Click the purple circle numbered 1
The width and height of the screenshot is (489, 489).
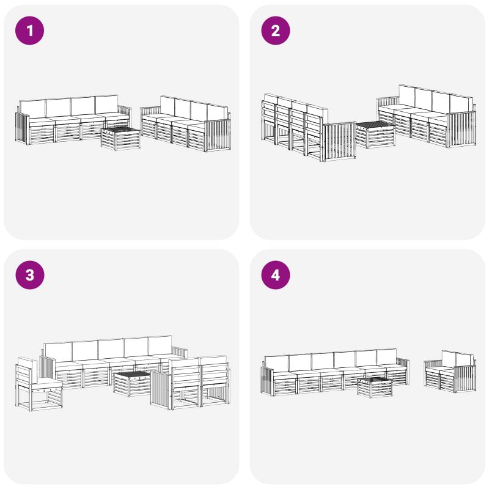click(29, 31)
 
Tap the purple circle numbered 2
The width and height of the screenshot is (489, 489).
click(276, 31)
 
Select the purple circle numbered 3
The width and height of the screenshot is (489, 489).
click(29, 275)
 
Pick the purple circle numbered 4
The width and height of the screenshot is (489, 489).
click(276, 275)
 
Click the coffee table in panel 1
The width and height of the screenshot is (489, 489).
click(120, 139)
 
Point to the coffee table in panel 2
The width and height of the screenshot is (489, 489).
click(375, 134)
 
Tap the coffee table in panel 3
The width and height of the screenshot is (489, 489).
click(132, 384)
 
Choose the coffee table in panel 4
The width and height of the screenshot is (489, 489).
click(375, 388)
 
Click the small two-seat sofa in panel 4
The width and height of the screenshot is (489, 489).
click(450, 372)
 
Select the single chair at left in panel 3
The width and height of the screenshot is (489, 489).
click(38, 384)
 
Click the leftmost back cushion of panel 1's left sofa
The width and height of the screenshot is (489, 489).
click(32, 109)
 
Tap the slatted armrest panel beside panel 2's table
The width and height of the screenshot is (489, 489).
click(339, 142)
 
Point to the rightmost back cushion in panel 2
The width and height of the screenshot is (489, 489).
click(461, 105)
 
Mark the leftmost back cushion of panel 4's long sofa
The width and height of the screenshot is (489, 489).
click(276, 364)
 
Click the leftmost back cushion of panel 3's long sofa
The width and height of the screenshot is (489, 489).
click(58, 352)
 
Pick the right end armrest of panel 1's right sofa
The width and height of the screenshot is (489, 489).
click(218, 134)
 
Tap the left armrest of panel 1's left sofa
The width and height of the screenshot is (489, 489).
click(22, 128)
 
